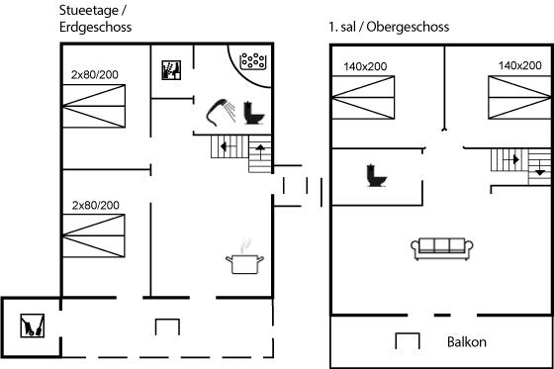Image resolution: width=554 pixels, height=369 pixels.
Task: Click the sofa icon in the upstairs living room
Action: coord(442,249)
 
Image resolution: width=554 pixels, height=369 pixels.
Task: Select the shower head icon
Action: coord(221,112)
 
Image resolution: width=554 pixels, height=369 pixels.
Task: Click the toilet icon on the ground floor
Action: coord(254,113)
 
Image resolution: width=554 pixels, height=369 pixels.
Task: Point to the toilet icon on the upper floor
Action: coord(377,176)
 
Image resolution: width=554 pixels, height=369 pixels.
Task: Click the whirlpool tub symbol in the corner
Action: coord(252,60)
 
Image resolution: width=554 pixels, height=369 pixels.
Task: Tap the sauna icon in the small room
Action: coord(171,70)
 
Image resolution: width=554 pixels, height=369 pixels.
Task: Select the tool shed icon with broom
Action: coord(32,325)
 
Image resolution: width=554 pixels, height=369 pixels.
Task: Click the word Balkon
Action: coord(466,342)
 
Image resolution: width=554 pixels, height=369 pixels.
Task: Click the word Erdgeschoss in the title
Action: coord(95,28)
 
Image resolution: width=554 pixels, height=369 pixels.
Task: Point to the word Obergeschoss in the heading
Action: coord(408,27)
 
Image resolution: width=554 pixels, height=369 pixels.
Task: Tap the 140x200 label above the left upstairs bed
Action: coord(365,66)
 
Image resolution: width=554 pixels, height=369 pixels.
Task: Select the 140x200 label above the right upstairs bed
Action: coord(519,65)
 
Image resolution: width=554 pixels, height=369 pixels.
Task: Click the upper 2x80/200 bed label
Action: coord(95,74)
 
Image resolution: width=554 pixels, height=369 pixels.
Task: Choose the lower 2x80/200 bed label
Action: coord(95,206)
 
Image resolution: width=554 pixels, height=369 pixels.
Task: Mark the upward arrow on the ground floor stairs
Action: coord(260,151)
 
